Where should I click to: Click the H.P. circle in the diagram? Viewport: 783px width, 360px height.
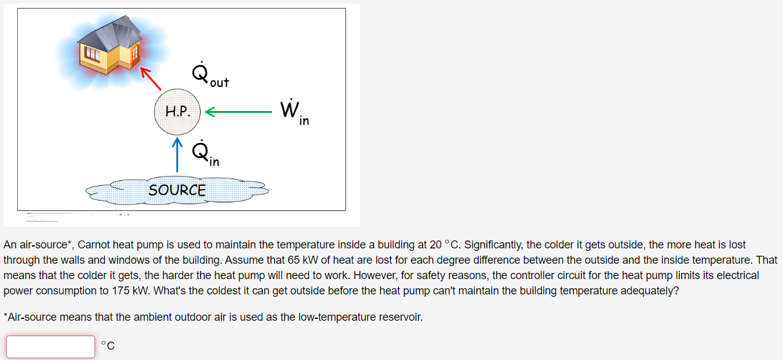(x=177, y=112)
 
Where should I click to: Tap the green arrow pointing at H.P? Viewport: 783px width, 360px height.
(x=237, y=112)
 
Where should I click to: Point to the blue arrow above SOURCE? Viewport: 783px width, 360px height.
(x=177, y=155)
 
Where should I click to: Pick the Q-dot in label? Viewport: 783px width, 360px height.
(x=205, y=154)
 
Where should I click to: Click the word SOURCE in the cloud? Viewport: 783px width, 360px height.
(x=177, y=190)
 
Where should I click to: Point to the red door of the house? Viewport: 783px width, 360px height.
(x=134, y=55)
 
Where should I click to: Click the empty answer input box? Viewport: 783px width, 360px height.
(x=51, y=347)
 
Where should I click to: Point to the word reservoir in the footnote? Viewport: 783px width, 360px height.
(x=400, y=317)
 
